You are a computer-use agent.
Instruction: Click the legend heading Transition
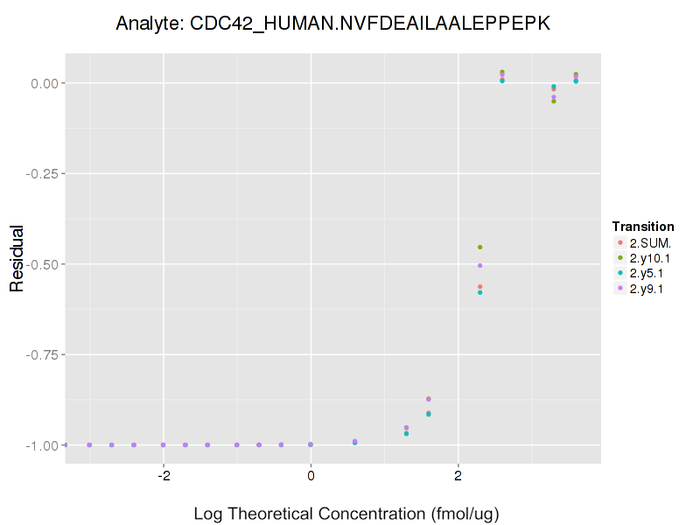click(643, 227)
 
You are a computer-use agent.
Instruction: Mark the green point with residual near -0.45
click(480, 247)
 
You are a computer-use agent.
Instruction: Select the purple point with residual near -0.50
click(480, 265)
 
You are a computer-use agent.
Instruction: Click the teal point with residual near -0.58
click(480, 292)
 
